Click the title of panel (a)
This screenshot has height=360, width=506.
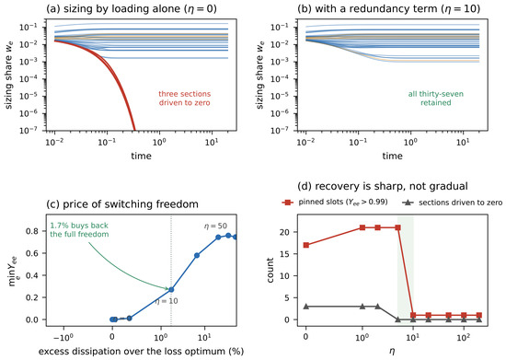pyautogui.click(x=132, y=8)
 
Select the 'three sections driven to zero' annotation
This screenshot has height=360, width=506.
pyautogui.click(x=185, y=99)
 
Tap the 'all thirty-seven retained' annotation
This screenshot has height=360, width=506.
pyautogui.click(x=436, y=99)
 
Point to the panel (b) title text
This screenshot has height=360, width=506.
pyautogui.click(x=388, y=8)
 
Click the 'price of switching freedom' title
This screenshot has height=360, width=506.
pyautogui.click(x=122, y=204)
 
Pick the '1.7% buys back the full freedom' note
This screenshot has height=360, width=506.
pyautogui.click(x=79, y=229)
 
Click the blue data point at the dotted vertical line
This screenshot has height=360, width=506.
pyautogui.click(x=171, y=290)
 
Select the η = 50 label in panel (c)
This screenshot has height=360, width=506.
pyautogui.click(x=215, y=226)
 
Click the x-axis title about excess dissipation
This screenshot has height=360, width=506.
pyautogui.click(x=141, y=352)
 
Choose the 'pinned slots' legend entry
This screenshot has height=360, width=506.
pyautogui.click(x=335, y=203)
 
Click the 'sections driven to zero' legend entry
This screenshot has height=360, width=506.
pyautogui.click(x=453, y=203)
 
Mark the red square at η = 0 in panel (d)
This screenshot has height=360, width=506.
pyautogui.click(x=306, y=245)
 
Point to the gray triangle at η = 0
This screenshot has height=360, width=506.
pyautogui.click(x=306, y=306)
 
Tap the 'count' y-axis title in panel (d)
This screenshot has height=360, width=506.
pyautogui.click(x=270, y=270)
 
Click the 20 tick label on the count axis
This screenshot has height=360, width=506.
pyautogui.click(x=287, y=232)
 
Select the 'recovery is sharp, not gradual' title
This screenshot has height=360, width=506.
pyautogui.click(x=383, y=186)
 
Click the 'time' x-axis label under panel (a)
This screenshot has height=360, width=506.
pyautogui.click(x=141, y=156)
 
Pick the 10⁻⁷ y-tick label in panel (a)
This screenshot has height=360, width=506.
pyautogui.click(x=29, y=131)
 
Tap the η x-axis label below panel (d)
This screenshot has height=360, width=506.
pyautogui.click(x=392, y=352)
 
